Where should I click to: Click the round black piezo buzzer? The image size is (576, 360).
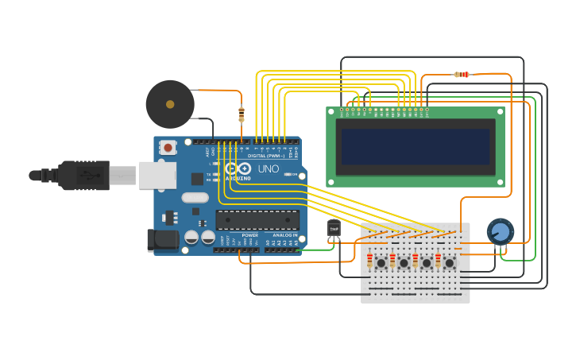(x=170, y=104)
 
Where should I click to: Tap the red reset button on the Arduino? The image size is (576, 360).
(x=168, y=147)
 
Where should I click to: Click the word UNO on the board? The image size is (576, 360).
(x=268, y=168)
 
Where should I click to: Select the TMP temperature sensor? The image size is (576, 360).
(x=334, y=230)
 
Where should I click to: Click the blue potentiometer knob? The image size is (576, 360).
(x=500, y=232)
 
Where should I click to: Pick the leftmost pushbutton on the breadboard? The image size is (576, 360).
(x=381, y=262)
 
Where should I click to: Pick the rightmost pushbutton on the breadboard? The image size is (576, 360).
(x=449, y=262)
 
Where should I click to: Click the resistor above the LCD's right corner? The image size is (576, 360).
(x=461, y=75)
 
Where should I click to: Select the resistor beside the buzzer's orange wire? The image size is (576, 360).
(x=242, y=114)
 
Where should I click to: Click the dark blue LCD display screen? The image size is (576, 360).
(x=416, y=147)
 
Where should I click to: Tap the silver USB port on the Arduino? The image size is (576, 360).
(x=157, y=175)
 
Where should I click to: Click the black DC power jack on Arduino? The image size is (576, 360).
(x=164, y=239)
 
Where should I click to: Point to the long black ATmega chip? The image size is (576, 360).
(x=257, y=220)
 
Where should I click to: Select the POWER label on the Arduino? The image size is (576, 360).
(x=249, y=235)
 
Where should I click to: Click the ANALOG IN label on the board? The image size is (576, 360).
(x=284, y=235)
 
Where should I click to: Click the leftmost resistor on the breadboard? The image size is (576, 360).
(x=369, y=261)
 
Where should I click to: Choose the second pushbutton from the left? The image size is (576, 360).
(x=404, y=262)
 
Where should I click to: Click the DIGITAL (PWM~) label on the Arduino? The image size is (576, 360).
(x=266, y=156)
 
